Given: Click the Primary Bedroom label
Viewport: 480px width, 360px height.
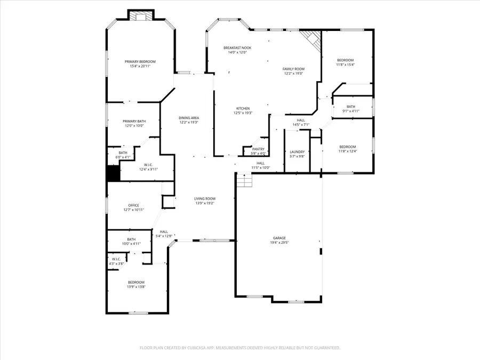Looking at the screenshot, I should [x=140, y=62].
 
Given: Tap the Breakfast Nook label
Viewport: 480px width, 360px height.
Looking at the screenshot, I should [x=237, y=48].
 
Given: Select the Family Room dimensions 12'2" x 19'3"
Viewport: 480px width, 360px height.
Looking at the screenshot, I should [x=293, y=74].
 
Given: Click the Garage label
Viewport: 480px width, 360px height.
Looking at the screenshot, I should [x=280, y=238].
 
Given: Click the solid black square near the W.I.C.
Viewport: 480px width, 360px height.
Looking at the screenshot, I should [x=113, y=174].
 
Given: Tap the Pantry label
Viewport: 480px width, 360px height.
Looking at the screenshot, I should [x=258, y=149].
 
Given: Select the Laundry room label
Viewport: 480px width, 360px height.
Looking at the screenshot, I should [x=297, y=151].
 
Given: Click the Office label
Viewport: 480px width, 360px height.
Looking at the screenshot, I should [x=133, y=205].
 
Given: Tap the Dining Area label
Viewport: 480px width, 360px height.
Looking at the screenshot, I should [x=188, y=117].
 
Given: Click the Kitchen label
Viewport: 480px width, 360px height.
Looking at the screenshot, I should [x=243, y=108].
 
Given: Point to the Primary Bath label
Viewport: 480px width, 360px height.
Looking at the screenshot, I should [x=134, y=121].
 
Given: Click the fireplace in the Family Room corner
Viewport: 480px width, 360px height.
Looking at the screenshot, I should [x=311, y=38].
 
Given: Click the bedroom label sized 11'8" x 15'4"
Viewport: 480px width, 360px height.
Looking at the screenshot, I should [x=345, y=60].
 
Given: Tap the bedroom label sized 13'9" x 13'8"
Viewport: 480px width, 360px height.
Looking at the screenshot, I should [x=136, y=282].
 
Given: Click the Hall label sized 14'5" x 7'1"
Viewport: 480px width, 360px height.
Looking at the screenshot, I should [x=301, y=121].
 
